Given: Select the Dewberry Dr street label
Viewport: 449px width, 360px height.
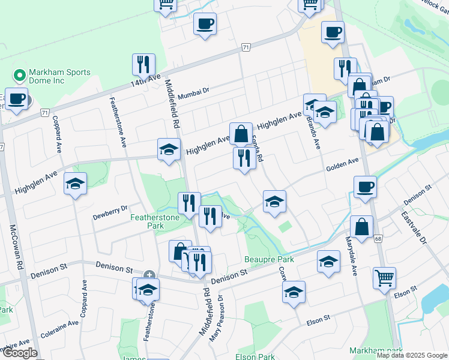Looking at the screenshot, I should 110,209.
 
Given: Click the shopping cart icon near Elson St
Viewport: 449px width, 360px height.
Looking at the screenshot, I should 384,277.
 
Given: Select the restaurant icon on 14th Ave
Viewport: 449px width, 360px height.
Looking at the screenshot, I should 143,64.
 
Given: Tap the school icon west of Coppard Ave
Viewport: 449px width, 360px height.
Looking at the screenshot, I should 76,184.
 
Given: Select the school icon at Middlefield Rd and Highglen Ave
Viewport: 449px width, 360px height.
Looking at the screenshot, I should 169,149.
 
